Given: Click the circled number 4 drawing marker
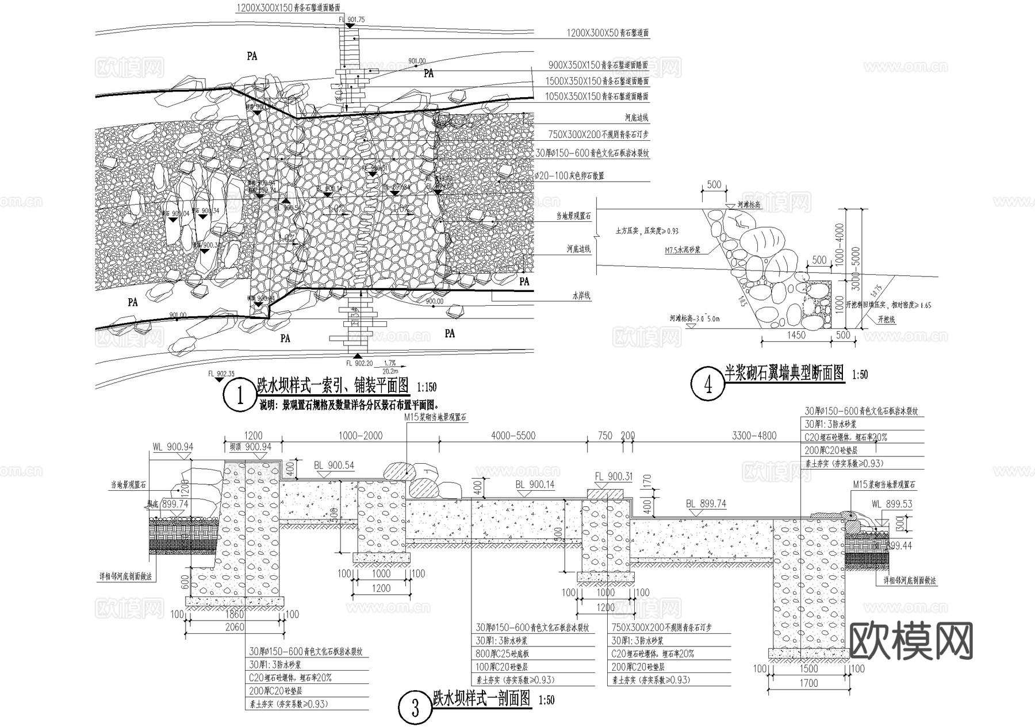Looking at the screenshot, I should click(x=708, y=384).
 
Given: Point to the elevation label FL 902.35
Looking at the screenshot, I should click(x=221, y=373).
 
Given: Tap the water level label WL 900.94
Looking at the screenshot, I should click(x=172, y=447).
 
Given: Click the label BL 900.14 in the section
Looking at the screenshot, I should click(x=535, y=484).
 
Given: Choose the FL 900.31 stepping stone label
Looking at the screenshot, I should click(x=614, y=476).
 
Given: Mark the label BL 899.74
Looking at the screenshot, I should click(x=706, y=504).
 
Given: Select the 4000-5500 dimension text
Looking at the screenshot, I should click(x=513, y=436).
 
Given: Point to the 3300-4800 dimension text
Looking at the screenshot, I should click(x=753, y=436).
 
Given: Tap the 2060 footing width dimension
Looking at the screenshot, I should click(x=234, y=627).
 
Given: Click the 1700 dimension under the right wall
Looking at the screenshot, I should click(x=808, y=683).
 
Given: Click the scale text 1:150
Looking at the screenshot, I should click(x=426, y=387).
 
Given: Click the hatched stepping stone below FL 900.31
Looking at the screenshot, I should click(x=605, y=494).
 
